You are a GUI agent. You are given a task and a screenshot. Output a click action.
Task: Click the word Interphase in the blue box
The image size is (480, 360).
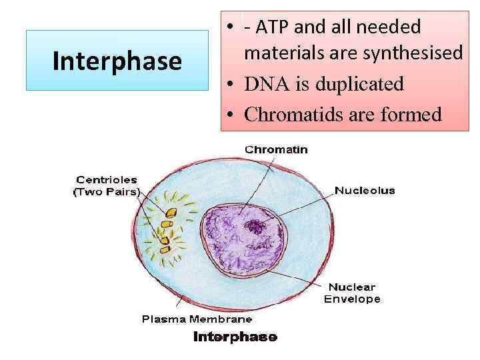(x=117, y=61)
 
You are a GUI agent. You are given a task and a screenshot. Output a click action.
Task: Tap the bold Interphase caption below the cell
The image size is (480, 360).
(x=235, y=337)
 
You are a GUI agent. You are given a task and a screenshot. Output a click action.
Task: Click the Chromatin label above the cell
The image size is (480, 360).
(x=277, y=149)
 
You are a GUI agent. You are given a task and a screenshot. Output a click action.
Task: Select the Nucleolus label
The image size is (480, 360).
(x=365, y=191)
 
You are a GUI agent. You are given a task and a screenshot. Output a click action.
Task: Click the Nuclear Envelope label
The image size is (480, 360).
(x=352, y=293)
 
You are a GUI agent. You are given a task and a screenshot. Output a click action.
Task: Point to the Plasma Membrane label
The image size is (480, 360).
(x=188, y=319)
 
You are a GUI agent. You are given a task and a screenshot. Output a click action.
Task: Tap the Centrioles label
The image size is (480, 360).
(x=107, y=179)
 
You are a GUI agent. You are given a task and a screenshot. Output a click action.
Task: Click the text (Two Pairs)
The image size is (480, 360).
(x=107, y=192)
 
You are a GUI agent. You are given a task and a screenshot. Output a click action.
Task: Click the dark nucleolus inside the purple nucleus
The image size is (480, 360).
(x=256, y=227)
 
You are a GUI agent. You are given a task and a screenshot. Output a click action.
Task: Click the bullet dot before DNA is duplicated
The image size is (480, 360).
(x=229, y=85)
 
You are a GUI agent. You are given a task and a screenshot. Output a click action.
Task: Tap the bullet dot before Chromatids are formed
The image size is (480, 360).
(x=229, y=115)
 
